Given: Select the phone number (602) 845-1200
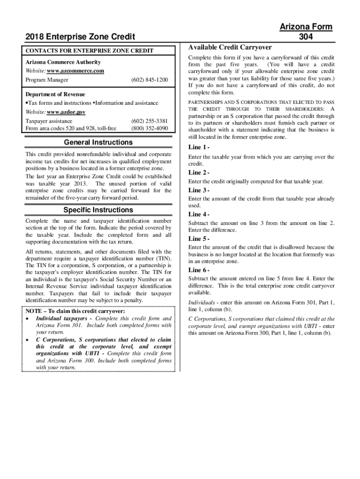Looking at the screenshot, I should [150, 80].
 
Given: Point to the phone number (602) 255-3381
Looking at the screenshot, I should [150, 121].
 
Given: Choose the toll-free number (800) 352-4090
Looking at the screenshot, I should [150, 128].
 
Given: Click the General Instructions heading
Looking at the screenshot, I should [98, 142].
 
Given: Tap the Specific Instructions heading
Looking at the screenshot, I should [98, 210].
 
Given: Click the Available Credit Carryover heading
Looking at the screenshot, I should [230, 47].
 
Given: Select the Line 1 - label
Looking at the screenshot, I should [199, 147].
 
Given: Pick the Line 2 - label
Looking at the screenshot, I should [199, 173].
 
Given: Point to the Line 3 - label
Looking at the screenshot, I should [199, 190].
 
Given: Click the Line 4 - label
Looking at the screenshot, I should [199, 214].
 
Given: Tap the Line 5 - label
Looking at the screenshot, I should [199, 239].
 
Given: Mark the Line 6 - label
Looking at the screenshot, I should [199, 270].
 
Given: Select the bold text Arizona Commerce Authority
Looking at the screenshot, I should [63, 62].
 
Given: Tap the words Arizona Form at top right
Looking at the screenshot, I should [306, 27].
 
